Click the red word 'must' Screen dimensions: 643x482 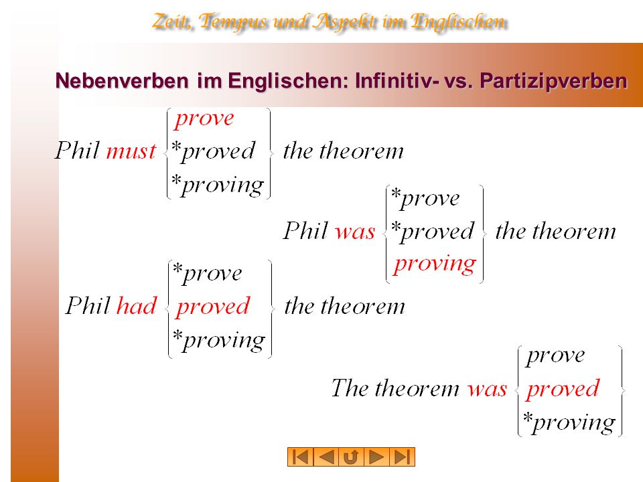click(x=131, y=151)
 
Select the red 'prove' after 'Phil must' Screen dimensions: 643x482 click(x=204, y=119)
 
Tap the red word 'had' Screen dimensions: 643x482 click(x=137, y=305)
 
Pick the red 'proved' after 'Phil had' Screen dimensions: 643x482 click(x=212, y=307)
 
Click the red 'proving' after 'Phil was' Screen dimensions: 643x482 click(x=435, y=264)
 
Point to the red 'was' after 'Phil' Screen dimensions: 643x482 click(x=355, y=232)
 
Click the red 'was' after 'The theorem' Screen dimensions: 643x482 click(x=487, y=388)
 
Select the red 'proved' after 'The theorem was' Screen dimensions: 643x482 click(x=563, y=390)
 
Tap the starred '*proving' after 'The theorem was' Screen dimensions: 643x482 click(x=569, y=422)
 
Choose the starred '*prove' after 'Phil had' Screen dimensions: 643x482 click(x=208, y=274)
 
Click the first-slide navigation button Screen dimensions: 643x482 click(x=300, y=457)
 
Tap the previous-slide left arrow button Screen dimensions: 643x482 click(x=326, y=457)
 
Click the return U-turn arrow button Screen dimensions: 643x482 click(x=351, y=457)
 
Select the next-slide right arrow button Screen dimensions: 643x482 click(x=376, y=457)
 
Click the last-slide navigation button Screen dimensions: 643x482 click(x=402, y=457)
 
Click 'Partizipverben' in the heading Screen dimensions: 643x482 click(x=553, y=81)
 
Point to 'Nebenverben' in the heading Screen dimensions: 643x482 click(x=122, y=80)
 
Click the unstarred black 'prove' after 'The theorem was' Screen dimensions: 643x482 click(x=556, y=356)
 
